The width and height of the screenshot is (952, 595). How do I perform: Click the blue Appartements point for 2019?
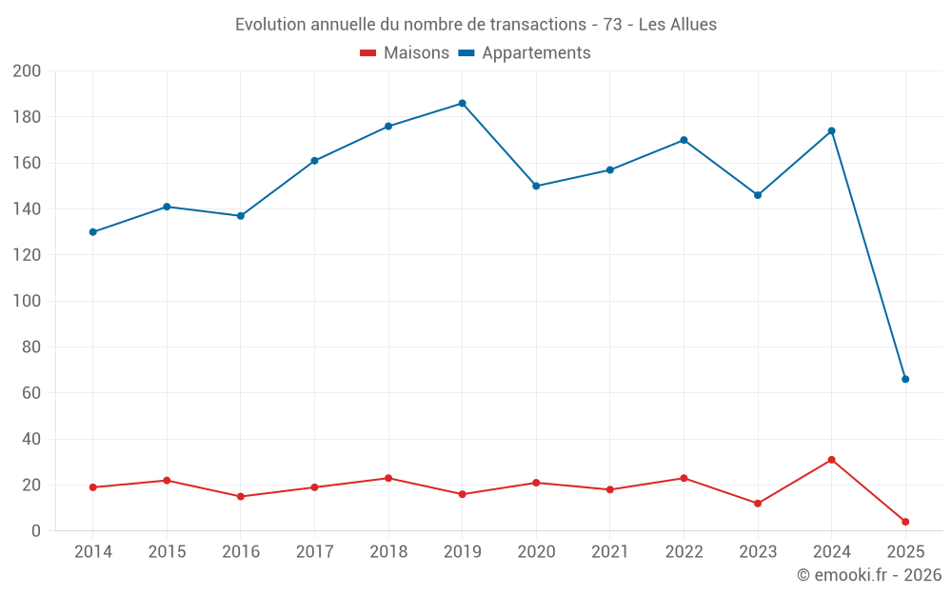pos(462,103)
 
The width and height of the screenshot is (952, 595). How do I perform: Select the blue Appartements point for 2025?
pos(905,379)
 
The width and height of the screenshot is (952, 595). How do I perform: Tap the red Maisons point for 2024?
pos(831,460)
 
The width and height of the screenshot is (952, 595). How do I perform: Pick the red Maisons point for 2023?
pos(758,504)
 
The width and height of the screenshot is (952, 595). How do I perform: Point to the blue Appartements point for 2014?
pos(92,232)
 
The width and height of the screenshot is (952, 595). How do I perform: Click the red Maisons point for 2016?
pos(241,496)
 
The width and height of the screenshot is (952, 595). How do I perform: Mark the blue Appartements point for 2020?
pos(536,186)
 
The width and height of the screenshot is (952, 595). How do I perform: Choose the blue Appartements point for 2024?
pos(831,130)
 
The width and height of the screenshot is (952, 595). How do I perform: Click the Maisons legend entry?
pos(405,53)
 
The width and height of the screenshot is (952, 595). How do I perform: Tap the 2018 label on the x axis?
pos(388,552)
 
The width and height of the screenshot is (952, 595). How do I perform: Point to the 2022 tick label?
pos(684,552)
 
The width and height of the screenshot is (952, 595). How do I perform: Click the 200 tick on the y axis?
pos(27,71)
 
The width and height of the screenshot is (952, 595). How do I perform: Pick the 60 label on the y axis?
pos(31,393)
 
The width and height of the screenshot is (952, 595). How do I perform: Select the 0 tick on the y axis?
pos(36,531)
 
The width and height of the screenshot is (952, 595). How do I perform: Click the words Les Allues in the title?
pos(677,24)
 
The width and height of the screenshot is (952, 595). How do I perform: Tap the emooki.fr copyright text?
pos(868,575)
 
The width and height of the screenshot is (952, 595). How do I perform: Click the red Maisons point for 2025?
pos(905,522)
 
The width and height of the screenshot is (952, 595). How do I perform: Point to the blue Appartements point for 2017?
pos(314,161)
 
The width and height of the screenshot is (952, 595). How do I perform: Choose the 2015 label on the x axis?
pos(167,552)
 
